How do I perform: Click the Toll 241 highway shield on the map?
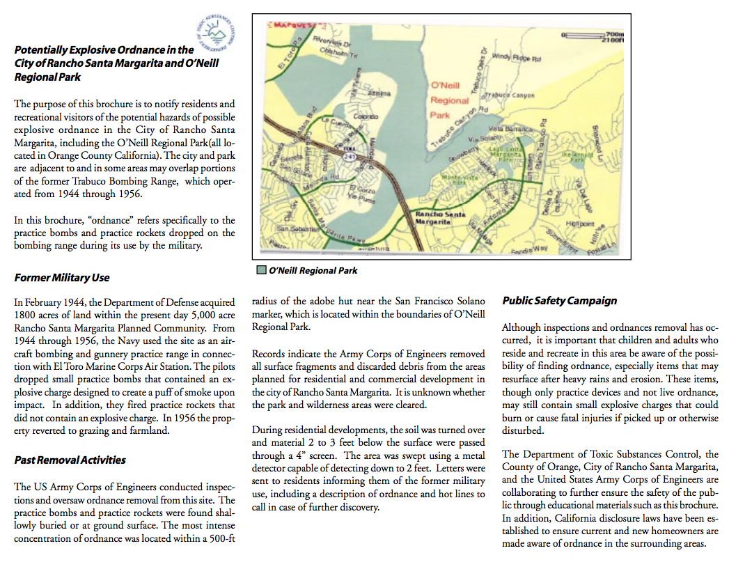[x=346, y=156]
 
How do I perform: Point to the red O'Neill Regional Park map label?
[x=449, y=100]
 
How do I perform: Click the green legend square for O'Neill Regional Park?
[x=261, y=270]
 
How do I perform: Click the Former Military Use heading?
[x=62, y=277]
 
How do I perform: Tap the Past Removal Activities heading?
[x=70, y=460]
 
